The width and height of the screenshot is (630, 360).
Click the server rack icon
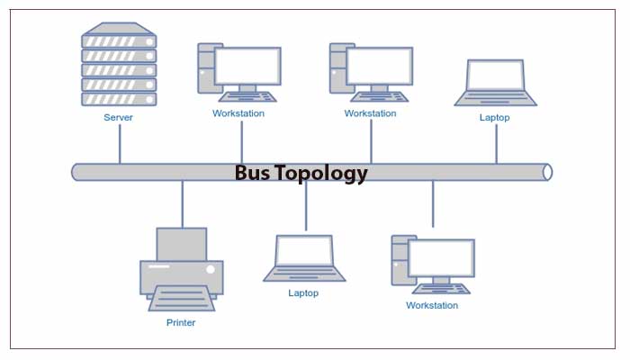(x=119, y=64)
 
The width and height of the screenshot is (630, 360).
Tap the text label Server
(x=118, y=117)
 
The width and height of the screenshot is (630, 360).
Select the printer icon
(x=181, y=270)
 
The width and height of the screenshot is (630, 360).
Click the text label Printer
(x=181, y=322)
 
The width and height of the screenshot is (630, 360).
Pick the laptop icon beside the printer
(x=303, y=257)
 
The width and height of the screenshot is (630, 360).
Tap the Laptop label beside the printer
(x=303, y=292)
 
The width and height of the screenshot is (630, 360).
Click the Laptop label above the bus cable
(x=494, y=117)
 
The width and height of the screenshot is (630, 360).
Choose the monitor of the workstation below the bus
(x=441, y=258)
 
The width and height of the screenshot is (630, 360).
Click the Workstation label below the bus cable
(x=432, y=305)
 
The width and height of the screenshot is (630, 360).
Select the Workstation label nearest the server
(x=238, y=113)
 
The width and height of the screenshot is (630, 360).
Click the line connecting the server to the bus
(x=119, y=144)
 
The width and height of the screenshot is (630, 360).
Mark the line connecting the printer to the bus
(x=182, y=202)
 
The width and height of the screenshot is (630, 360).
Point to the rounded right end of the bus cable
(x=547, y=172)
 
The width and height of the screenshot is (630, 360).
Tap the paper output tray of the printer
(x=181, y=298)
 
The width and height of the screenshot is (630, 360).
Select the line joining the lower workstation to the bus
(x=433, y=202)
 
